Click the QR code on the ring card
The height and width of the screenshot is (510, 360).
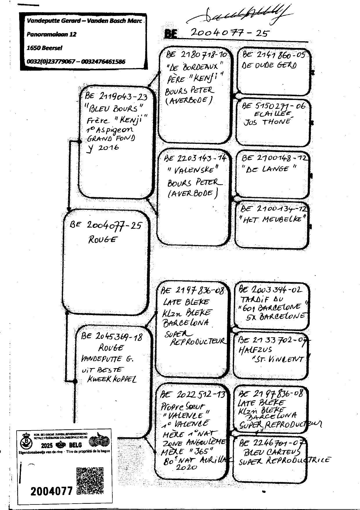pos(90,481)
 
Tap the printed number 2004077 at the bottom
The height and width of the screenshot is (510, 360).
pos(51,491)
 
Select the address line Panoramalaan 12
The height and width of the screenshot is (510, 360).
pos(51,34)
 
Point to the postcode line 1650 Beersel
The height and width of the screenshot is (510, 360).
pos(44,48)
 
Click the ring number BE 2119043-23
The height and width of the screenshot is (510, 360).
pos(116,96)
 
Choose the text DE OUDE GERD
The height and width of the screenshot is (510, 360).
pos(269,65)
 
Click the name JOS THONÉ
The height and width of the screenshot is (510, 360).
pos(267,122)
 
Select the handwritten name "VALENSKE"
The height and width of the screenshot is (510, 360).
pos(193,170)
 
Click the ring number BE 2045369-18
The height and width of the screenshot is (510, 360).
pos(112,337)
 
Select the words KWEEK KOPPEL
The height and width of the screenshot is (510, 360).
pos(112,379)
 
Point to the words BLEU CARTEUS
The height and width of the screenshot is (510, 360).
pos(272,452)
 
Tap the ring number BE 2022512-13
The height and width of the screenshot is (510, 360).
pos(192,394)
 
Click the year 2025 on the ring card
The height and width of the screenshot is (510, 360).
pos(47,445)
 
